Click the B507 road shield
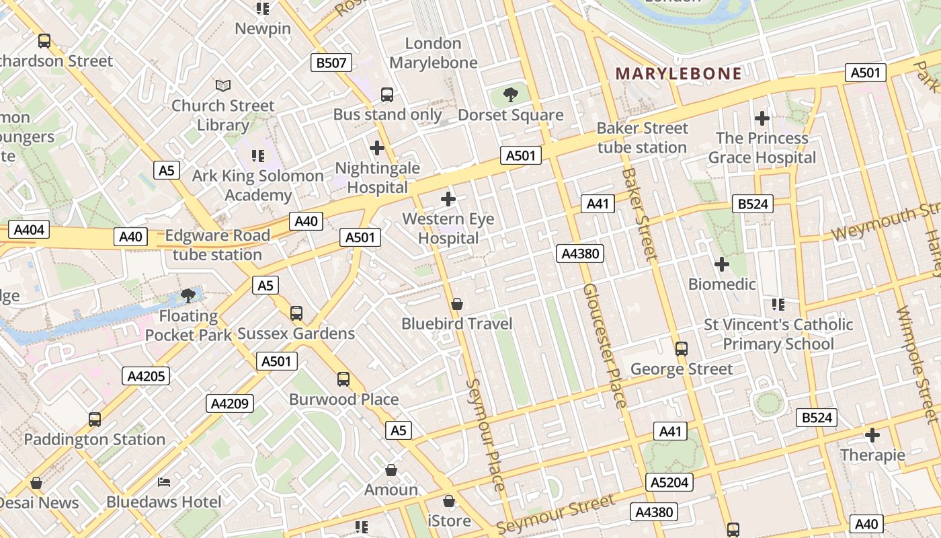point(331,63)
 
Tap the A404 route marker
point(29,230)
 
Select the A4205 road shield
point(146,376)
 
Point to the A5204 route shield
point(669,482)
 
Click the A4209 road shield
point(230,403)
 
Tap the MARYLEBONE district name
point(679,74)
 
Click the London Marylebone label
point(434,53)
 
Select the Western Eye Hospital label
point(448,229)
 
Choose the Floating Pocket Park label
point(188,325)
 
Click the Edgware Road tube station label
point(217,245)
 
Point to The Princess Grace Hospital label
point(762,148)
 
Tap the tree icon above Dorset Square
point(511,95)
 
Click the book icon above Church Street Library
point(223,86)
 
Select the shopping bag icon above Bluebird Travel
point(457,305)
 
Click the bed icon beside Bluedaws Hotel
point(164,482)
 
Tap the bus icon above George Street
point(682,349)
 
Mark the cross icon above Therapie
point(872,435)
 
